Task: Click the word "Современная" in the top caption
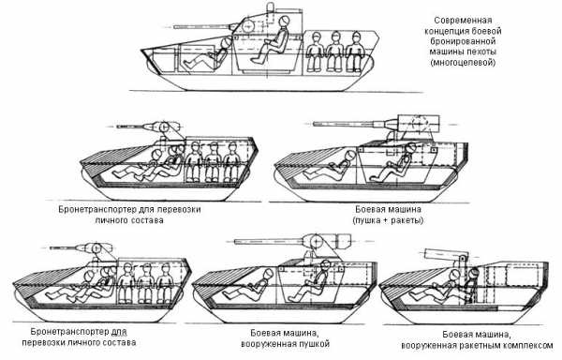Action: pos(463,21)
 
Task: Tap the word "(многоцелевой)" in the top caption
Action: pos(463,63)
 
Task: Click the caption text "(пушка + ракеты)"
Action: pos(388,219)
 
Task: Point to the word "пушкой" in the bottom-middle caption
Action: pos(313,344)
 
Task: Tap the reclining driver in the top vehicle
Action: pos(207,55)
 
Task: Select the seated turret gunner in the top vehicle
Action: pos(272,40)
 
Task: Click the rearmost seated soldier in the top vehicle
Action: pos(356,52)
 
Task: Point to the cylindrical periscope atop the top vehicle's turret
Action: pos(271,7)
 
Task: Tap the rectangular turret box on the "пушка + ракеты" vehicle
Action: pos(419,126)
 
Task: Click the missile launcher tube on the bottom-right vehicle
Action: pos(443,255)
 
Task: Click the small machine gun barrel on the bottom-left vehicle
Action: pos(66,247)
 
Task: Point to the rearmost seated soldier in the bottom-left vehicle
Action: pos(165,284)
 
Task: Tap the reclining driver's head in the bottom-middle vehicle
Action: pos(269,275)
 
